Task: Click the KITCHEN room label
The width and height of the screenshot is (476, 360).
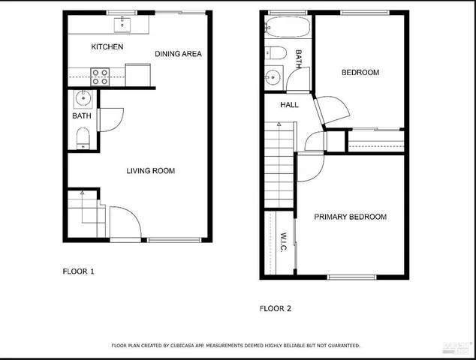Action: click(107, 47)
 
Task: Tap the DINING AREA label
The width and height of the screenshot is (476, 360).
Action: click(179, 54)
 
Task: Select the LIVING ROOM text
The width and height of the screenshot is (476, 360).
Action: click(150, 171)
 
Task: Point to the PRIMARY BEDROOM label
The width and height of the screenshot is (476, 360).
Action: click(350, 217)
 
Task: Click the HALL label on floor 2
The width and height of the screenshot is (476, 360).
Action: click(290, 105)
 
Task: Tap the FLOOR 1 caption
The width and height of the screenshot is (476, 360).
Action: click(78, 271)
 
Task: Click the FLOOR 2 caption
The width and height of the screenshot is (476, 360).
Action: click(276, 308)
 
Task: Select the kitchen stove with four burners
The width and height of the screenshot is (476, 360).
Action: click(100, 76)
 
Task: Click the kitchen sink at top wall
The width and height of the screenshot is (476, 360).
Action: click(122, 25)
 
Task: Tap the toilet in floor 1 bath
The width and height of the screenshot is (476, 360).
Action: click(83, 136)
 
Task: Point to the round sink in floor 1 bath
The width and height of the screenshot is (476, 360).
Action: click(83, 99)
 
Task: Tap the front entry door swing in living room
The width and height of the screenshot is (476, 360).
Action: click(124, 222)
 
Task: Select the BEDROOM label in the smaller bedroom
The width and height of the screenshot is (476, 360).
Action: click(360, 73)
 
